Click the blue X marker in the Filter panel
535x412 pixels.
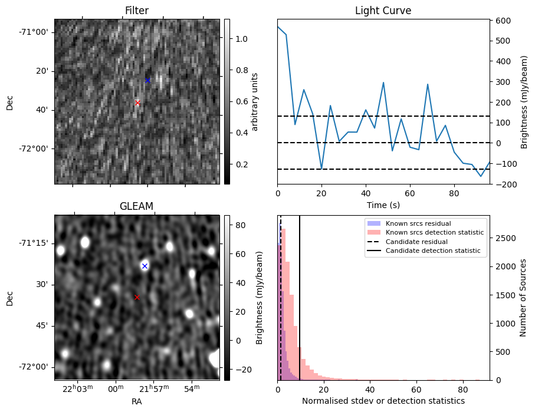pyautogui.click(x=147, y=80)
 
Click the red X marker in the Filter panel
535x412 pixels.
pyautogui.click(x=137, y=103)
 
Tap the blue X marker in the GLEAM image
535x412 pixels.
pyautogui.click(x=145, y=266)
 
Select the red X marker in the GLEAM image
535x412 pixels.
pyautogui.click(x=137, y=297)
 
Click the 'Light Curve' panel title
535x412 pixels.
pyautogui.click(x=383, y=11)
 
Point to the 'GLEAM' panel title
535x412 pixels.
pyautogui.click(x=136, y=206)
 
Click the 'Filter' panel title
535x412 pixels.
pyautogui.click(x=136, y=11)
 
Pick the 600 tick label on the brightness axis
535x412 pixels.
pyautogui.click(x=502, y=21)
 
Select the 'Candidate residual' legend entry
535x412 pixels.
pyautogui.click(x=413, y=242)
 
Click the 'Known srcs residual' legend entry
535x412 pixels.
pyautogui.click(x=417, y=223)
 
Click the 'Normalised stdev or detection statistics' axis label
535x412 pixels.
pyautogui.click(x=383, y=401)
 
